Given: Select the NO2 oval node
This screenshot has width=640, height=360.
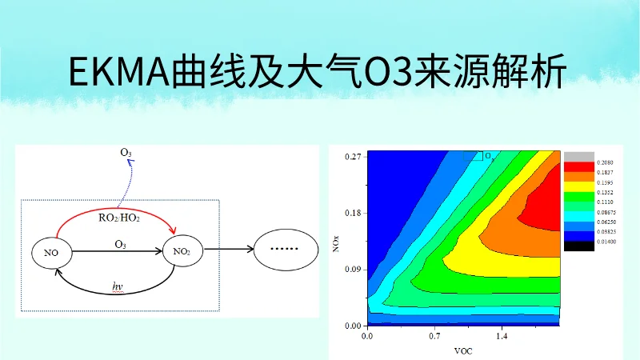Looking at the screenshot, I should [182, 252].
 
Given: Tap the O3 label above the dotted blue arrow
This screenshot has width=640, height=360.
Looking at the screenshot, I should [126, 152].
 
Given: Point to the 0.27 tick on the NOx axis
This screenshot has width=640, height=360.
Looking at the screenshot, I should [353, 156].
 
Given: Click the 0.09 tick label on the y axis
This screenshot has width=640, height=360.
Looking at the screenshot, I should [353, 270].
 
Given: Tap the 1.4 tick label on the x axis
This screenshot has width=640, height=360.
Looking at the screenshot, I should [502, 338].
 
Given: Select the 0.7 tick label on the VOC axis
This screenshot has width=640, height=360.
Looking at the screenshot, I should [434, 338].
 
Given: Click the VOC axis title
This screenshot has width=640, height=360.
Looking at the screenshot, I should [463, 351].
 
